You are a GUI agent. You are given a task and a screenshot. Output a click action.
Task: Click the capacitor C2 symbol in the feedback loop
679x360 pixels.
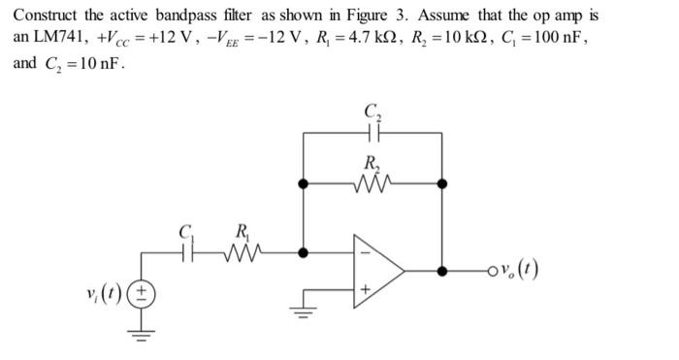(x=373, y=128)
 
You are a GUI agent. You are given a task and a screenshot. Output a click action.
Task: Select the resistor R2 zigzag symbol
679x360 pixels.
(x=373, y=181)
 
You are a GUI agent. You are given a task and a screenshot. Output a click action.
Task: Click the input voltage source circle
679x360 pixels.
(x=145, y=293)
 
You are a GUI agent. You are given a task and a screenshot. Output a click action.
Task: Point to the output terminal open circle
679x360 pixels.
(x=497, y=269)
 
